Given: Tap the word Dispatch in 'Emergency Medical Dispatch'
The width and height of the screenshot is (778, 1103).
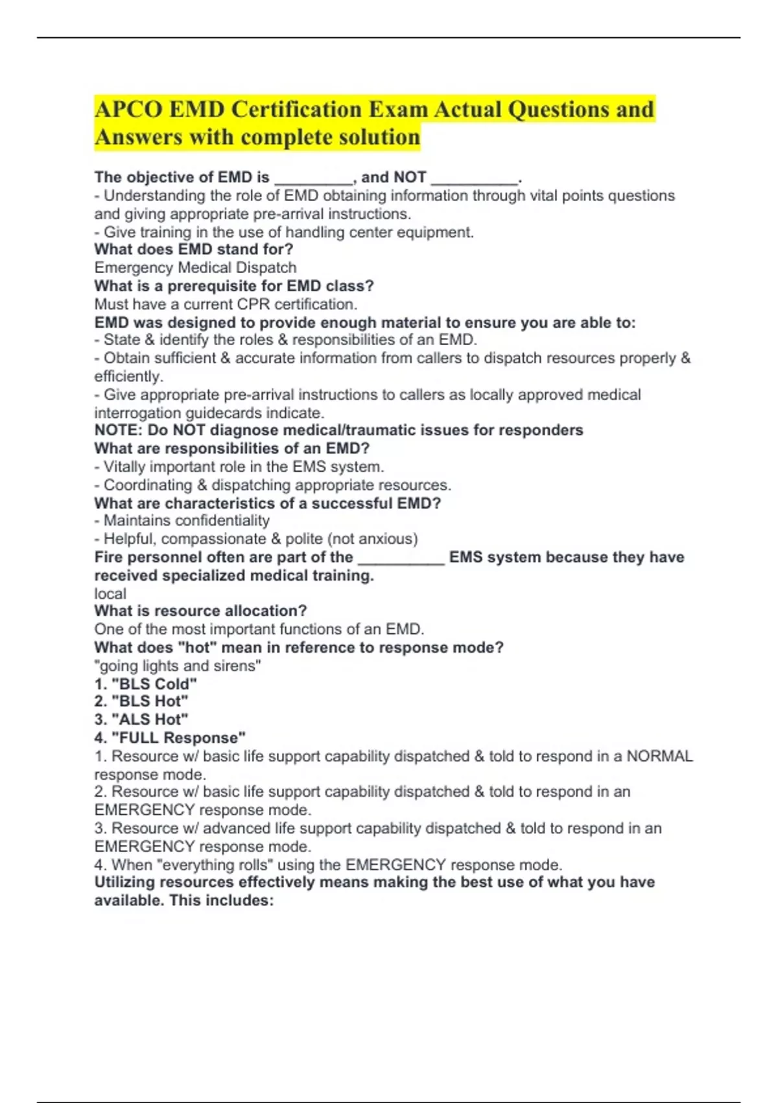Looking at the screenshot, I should click(x=265, y=267).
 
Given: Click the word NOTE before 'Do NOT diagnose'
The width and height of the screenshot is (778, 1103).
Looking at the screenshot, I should click(x=117, y=430).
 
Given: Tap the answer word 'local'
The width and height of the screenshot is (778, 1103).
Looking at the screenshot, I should click(x=110, y=593).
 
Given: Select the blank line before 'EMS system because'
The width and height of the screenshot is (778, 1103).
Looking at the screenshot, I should click(x=401, y=558).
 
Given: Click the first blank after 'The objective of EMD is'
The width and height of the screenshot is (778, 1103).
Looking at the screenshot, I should click(x=314, y=178).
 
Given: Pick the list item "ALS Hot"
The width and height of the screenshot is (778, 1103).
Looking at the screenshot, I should click(x=150, y=719).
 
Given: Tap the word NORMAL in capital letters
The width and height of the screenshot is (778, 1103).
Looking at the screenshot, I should click(x=659, y=756).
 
